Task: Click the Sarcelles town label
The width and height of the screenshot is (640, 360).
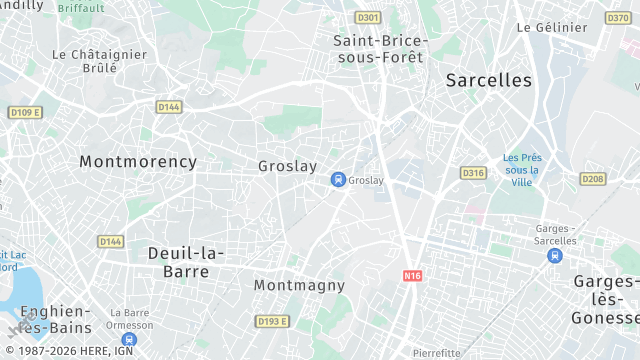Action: [x=489, y=80]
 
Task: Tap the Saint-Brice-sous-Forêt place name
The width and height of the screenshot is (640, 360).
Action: [x=380, y=48]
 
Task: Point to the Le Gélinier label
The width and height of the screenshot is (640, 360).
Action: [x=551, y=27]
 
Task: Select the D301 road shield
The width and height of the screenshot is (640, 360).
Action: [x=368, y=17]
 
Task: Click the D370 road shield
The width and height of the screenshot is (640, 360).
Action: [x=618, y=17]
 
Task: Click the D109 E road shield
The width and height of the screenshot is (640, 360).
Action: [x=25, y=112]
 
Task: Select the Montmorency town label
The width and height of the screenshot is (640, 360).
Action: [x=138, y=161]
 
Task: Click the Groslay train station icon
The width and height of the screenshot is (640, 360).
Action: [x=338, y=180]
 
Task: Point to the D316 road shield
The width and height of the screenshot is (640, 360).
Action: [x=473, y=173]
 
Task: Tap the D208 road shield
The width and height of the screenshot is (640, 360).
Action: [x=593, y=179]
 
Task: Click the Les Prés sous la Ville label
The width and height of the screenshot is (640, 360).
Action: [x=521, y=170]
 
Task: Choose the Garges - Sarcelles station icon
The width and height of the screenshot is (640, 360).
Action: [x=554, y=256]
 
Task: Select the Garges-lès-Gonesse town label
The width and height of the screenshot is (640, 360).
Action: [x=606, y=300]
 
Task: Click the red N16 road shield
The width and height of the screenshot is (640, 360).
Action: [x=413, y=275]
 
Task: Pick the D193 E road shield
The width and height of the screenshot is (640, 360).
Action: [x=272, y=321]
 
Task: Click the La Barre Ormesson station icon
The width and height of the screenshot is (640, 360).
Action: [x=130, y=340]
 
